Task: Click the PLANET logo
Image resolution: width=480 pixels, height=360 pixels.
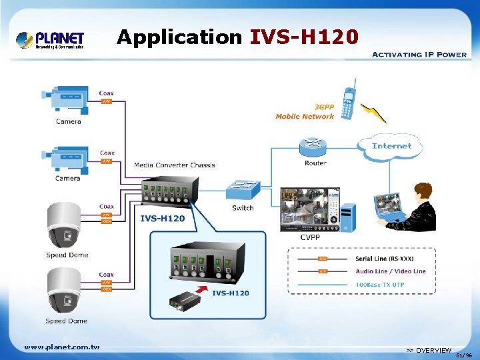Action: (x=50, y=40)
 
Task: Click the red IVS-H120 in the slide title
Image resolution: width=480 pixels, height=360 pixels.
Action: (x=304, y=37)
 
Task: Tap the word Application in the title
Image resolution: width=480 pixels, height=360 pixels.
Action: (x=179, y=37)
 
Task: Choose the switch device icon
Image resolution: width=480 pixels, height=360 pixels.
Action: (x=243, y=190)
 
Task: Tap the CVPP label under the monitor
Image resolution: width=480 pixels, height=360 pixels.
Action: (x=309, y=237)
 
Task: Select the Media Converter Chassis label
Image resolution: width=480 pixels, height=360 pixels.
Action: (x=175, y=165)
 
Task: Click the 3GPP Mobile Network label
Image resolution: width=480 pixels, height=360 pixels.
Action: (x=305, y=112)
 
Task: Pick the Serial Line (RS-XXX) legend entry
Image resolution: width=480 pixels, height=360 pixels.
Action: (x=385, y=259)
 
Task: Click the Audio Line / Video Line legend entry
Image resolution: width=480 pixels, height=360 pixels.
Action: (x=391, y=271)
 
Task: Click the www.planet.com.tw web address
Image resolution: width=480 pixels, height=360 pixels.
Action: (x=61, y=347)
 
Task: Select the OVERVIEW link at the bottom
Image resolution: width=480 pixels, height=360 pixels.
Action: (x=429, y=351)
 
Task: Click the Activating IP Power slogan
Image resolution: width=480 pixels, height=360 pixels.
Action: (x=418, y=55)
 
